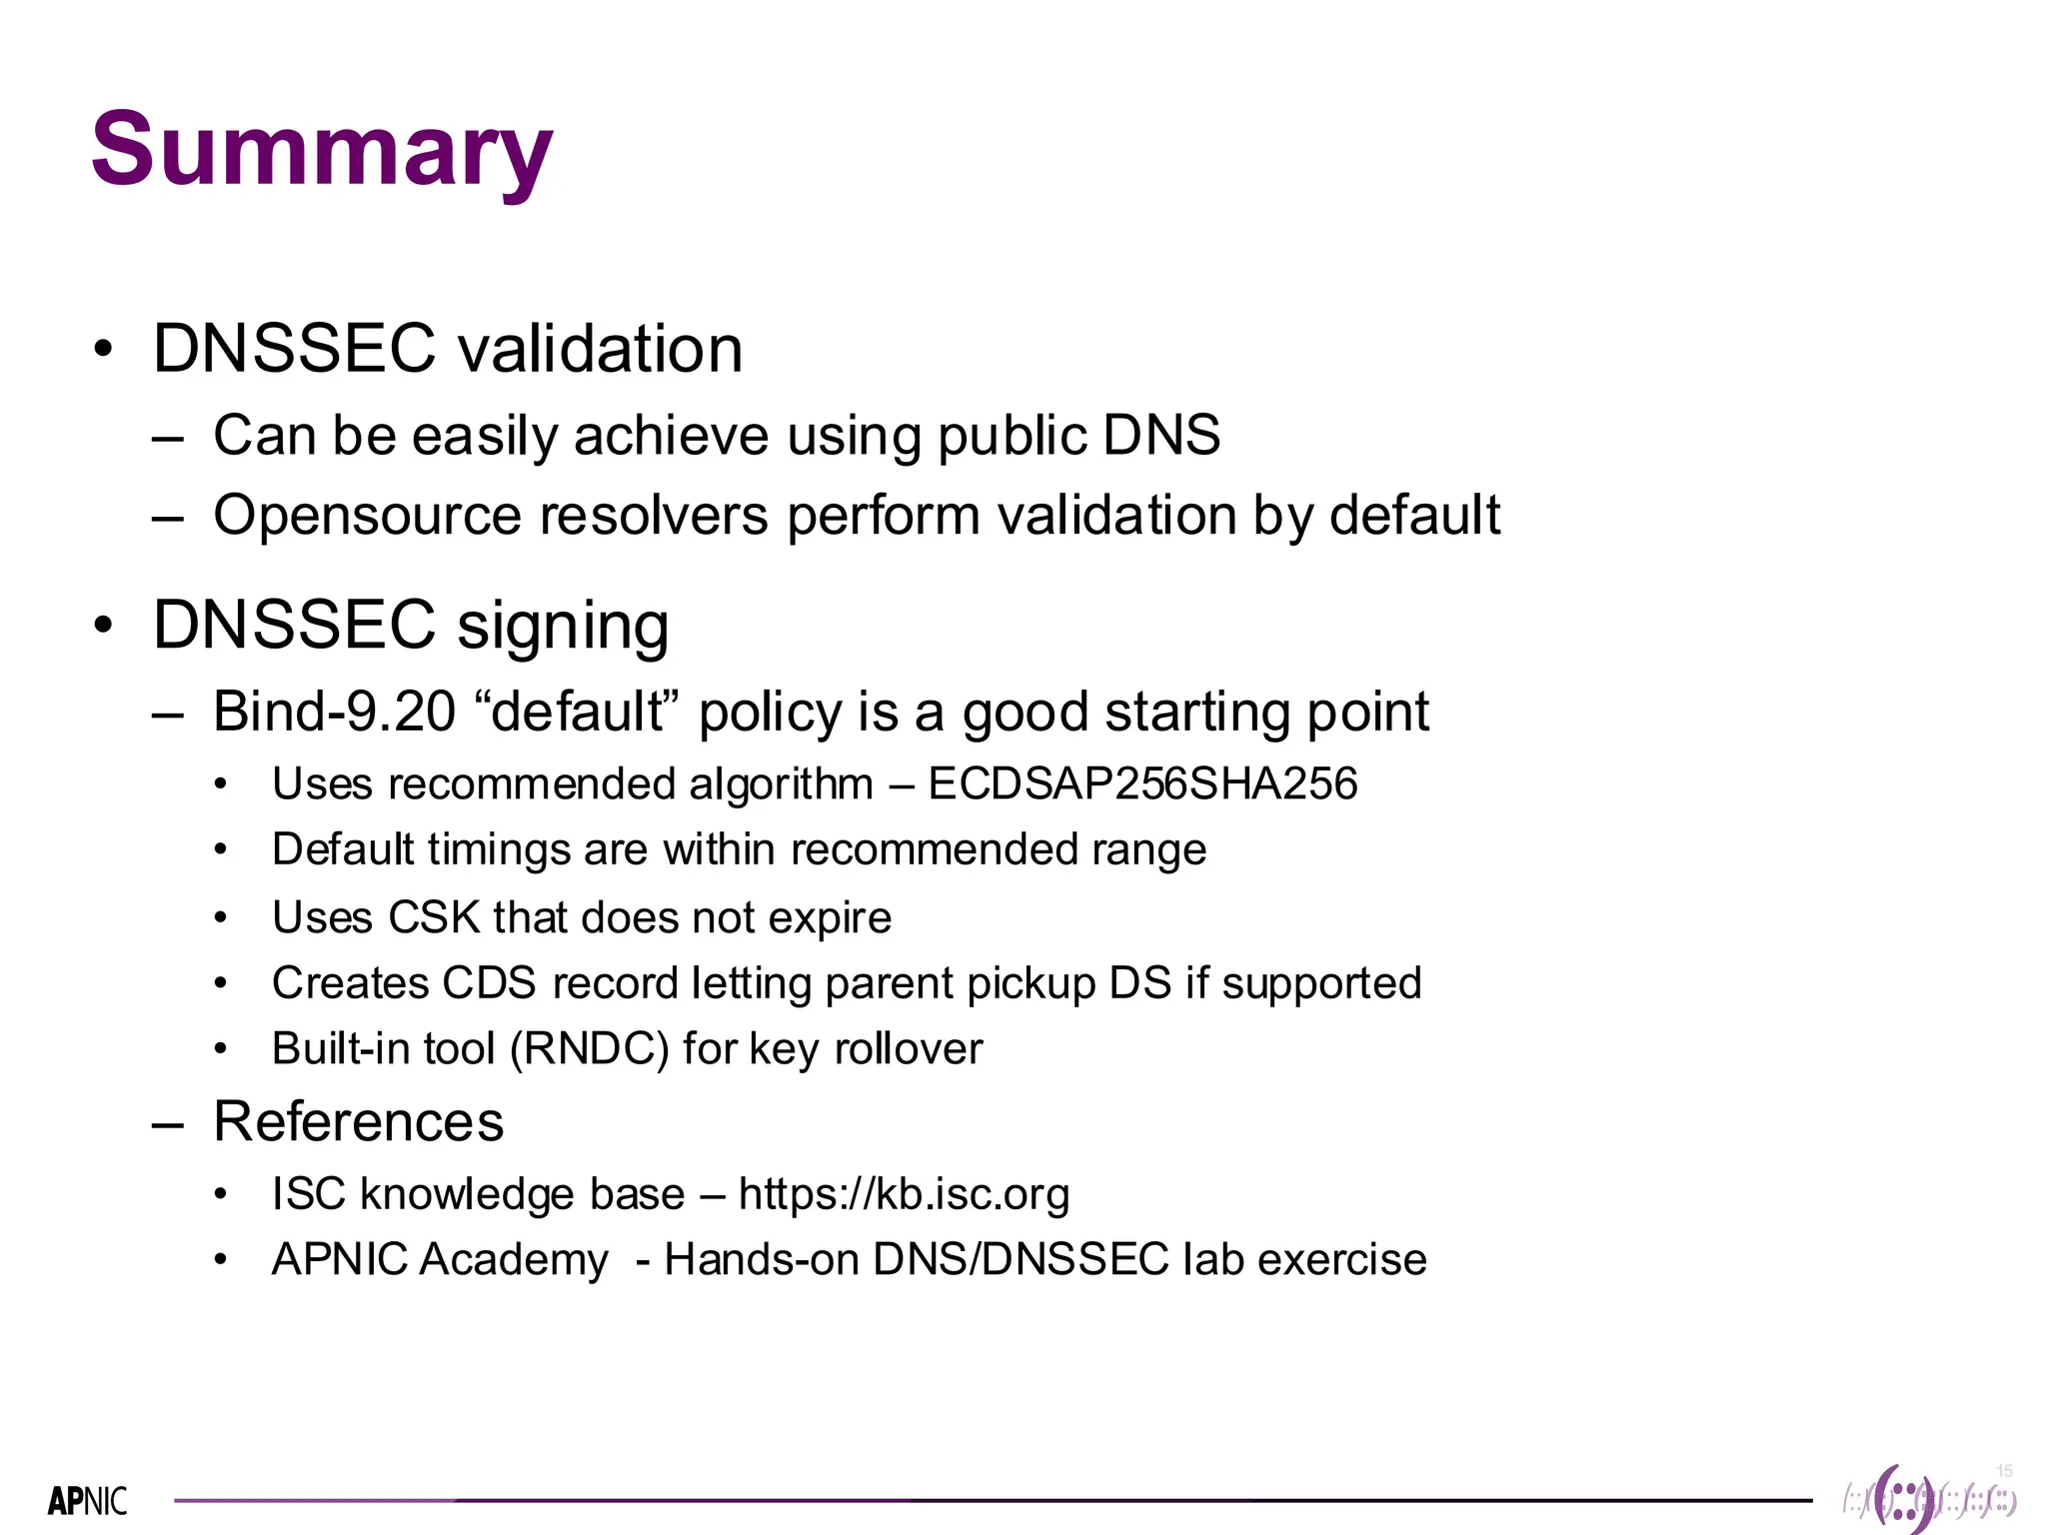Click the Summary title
(x=321, y=150)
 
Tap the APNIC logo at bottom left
(x=88, y=1501)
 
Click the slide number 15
(x=2004, y=1470)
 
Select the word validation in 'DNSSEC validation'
(x=600, y=349)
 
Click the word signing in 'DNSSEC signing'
(x=563, y=626)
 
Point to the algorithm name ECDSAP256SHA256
(x=1142, y=783)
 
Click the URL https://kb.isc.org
(x=904, y=1194)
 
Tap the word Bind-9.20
(x=335, y=712)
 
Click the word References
(x=359, y=1121)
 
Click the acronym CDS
(x=489, y=983)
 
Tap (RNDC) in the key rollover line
(x=589, y=1049)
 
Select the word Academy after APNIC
(x=514, y=1259)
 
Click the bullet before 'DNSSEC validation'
(x=103, y=350)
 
